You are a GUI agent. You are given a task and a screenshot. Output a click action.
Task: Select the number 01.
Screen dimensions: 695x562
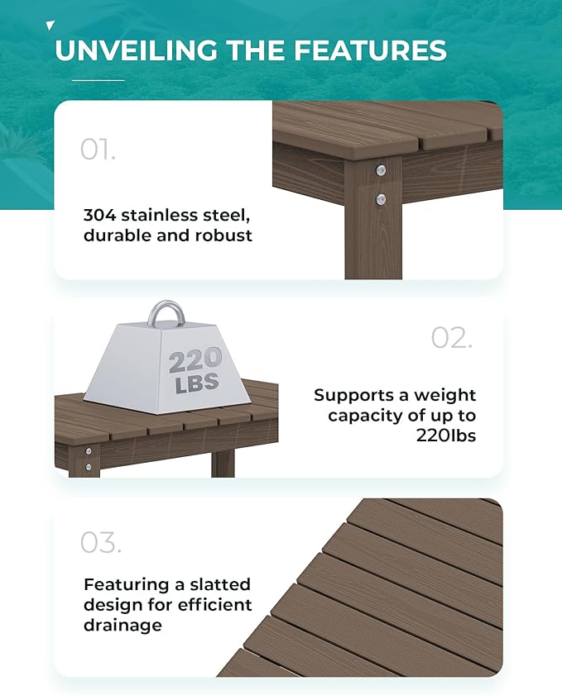point(98,150)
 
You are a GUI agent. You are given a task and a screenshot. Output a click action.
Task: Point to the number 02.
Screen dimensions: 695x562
point(451,337)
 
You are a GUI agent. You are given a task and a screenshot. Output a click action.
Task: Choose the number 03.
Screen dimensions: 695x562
point(100,543)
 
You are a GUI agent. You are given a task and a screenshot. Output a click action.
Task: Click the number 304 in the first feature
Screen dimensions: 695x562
point(99,215)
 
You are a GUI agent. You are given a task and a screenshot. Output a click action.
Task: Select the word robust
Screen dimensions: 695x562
point(223,236)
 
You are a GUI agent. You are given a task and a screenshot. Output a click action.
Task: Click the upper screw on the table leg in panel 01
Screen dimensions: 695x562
point(380,171)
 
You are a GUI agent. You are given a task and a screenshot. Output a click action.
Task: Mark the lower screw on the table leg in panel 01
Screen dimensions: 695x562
point(380,198)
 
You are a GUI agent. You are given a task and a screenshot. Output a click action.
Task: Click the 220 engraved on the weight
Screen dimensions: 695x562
point(195,360)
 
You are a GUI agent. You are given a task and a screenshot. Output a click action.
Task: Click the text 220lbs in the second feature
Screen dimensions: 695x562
point(446,436)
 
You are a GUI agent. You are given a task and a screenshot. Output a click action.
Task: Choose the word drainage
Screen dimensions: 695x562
point(122,626)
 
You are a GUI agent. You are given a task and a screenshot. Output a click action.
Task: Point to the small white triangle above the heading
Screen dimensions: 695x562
point(50,26)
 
